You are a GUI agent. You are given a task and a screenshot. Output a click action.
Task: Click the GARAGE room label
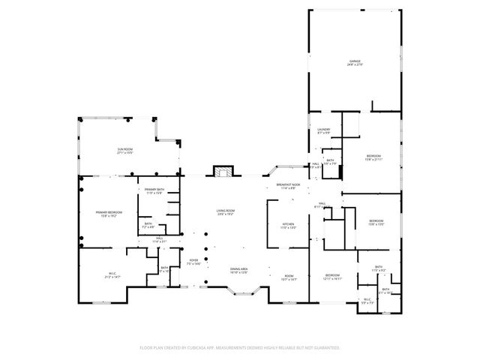tap(354, 61)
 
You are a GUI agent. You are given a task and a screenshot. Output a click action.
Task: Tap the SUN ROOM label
tap(124, 149)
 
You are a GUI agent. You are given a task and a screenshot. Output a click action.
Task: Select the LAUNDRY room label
tap(324, 130)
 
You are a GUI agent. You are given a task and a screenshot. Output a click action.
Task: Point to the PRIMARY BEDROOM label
tap(109, 212)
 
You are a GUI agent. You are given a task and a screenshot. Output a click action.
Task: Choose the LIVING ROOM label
tap(226, 211)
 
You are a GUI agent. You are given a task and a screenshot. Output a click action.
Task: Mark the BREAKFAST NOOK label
tap(288, 184)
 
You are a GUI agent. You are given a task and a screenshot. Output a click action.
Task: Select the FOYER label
tap(193, 260)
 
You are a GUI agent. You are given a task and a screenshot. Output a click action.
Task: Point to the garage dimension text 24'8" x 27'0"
tap(354, 65)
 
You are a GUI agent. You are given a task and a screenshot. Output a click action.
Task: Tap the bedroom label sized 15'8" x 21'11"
tap(373, 155)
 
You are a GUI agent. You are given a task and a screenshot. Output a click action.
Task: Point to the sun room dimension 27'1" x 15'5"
tap(124, 154)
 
